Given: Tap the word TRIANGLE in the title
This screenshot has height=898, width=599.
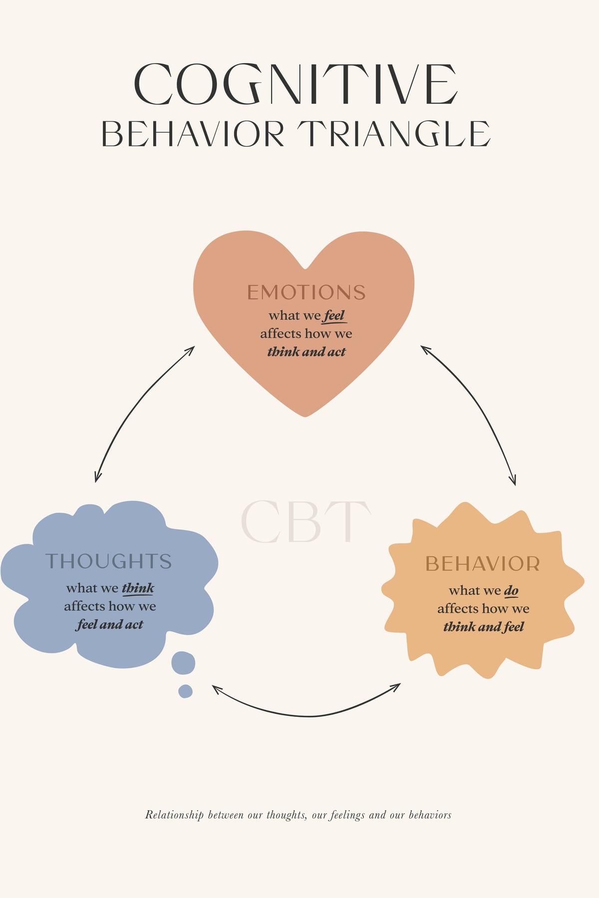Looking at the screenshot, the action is pos(394,134).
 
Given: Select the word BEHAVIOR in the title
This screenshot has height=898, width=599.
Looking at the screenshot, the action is pos(193,134).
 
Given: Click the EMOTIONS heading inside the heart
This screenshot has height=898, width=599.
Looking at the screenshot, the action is pos(306,292).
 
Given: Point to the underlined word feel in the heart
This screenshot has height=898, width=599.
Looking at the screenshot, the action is pos(334,316).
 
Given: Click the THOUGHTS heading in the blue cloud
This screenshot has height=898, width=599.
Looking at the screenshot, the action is pos(109,561).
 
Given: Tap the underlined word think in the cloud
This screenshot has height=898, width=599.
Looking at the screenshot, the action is pos(138,588).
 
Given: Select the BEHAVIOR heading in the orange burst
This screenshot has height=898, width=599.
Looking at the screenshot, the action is pos(483,564).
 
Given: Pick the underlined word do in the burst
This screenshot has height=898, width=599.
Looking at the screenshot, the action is pos(511,591).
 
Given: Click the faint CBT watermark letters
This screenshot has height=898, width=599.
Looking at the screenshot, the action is pos(306,521).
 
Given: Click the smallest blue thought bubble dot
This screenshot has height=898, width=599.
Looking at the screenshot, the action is pos(185,691).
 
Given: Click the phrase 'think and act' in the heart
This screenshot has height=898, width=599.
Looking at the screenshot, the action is pos(306,352).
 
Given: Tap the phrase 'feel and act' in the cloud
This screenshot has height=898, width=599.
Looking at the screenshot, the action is pos(110,625).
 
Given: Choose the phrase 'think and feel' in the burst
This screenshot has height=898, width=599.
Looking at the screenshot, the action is pos(484,627).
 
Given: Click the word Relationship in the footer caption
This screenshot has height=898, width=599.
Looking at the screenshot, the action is pos(174,815).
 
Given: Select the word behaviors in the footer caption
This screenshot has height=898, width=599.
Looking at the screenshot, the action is pos(430,815).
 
